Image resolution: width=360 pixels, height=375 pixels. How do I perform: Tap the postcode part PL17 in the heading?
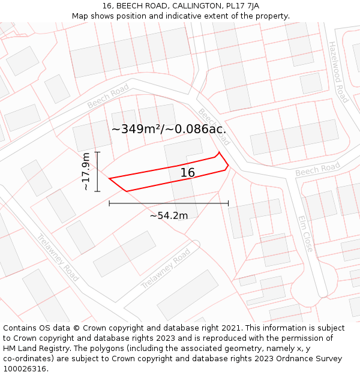pyautogui.click(x=236, y=6)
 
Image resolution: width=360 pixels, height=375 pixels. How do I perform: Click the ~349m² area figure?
pyautogui.click(x=137, y=129)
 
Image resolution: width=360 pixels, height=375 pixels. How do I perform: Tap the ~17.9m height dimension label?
pyautogui.click(x=86, y=172)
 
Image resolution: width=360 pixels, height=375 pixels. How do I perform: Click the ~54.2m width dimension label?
pyautogui.click(x=169, y=215)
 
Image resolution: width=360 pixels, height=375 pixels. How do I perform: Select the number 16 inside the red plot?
pyautogui.click(x=188, y=173)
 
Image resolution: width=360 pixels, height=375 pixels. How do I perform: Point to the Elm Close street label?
pyautogui.click(x=305, y=233)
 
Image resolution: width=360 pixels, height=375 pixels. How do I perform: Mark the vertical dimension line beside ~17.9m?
pyautogui.click(x=97, y=172)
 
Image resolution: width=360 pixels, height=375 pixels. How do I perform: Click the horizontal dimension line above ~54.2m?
pyautogui.click(x=169, y=203)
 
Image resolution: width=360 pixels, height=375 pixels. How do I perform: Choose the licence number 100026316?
pyautogui.click(x=26, y=368)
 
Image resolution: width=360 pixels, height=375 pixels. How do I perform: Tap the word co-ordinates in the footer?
pyautogui.click(x=28, y=359)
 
